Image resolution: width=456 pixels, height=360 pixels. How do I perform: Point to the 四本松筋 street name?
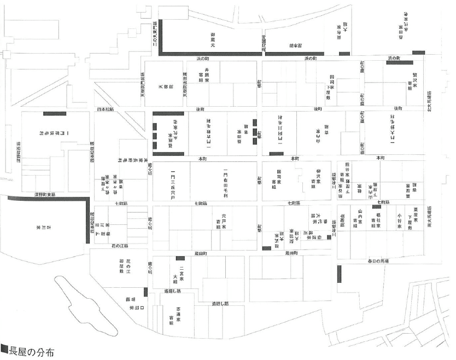pos(104,109)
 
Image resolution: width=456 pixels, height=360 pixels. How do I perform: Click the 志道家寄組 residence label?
pos(178,315)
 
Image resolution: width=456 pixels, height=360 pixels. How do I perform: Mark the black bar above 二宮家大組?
pos(180,258)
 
